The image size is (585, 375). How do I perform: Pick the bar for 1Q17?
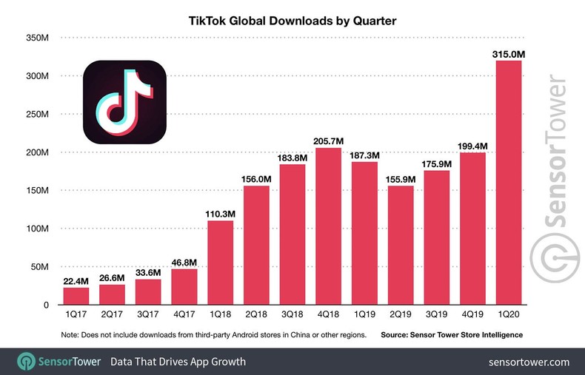coord(76,295)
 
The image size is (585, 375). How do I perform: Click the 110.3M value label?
coord(220,214)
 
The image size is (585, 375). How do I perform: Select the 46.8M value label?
coord(184,262)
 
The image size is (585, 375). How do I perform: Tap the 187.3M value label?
coord(364,155)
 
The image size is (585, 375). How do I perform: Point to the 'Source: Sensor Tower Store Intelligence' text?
coord(452,335)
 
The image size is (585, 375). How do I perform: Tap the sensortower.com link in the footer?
coord(529,362)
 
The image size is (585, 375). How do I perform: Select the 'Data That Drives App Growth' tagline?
coord(178,362)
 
